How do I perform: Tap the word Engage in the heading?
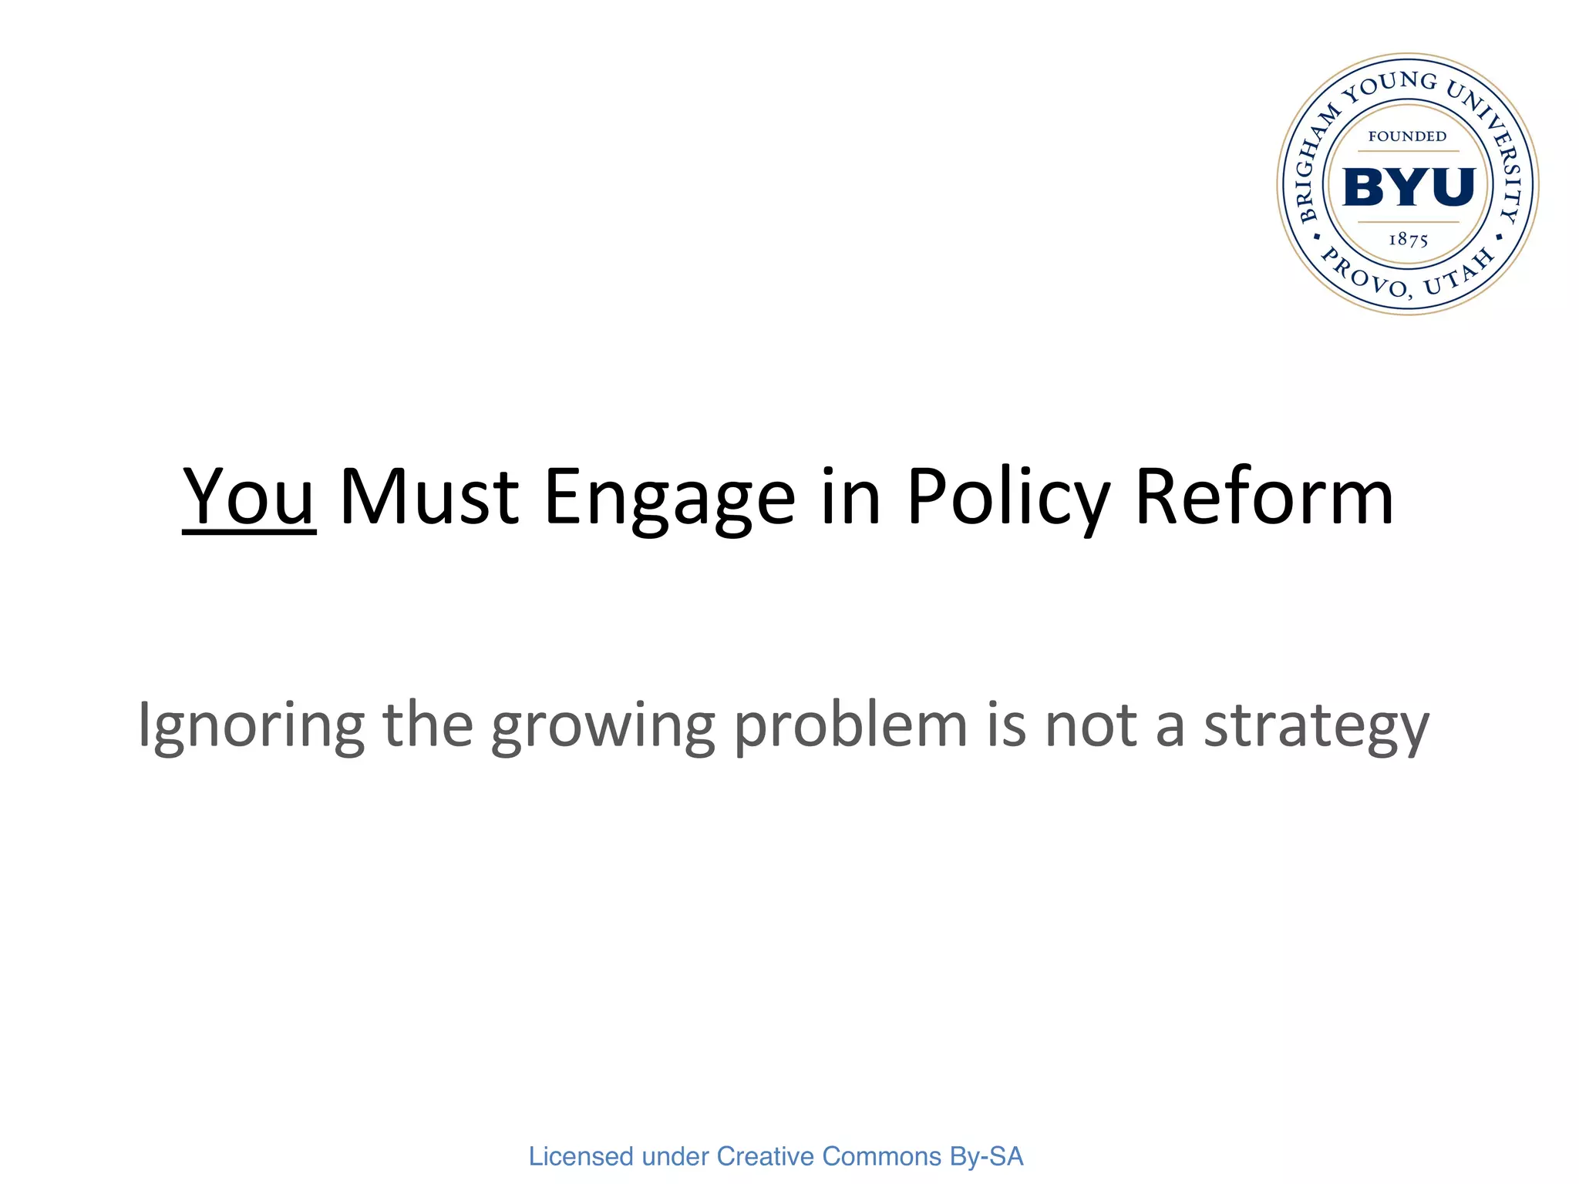pos(669,499)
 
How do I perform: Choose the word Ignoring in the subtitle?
pos(251,726)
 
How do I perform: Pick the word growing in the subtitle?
pos(603,726)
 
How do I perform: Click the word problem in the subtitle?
pos(850,726)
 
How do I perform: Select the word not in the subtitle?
pos(1090,726)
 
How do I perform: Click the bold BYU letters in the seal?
pos(1408,187)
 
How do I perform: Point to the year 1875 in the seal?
pos(1408,240)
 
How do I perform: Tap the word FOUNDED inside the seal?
pos(1407,136)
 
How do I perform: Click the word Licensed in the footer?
pos(581,1156)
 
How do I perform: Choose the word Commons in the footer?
pos(881,1156)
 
